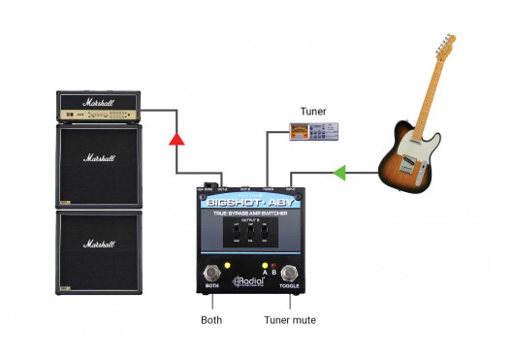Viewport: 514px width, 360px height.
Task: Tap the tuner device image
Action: [x=313, y=134]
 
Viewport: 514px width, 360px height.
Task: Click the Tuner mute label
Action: [x=289, y=320]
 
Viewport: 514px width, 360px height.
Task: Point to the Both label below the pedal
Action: [x=210, y=320]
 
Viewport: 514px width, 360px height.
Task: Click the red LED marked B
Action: [x=274, y=266]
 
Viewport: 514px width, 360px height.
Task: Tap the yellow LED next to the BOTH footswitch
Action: [x=226, y=267]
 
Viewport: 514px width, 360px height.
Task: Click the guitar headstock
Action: [x=444, y=46]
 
